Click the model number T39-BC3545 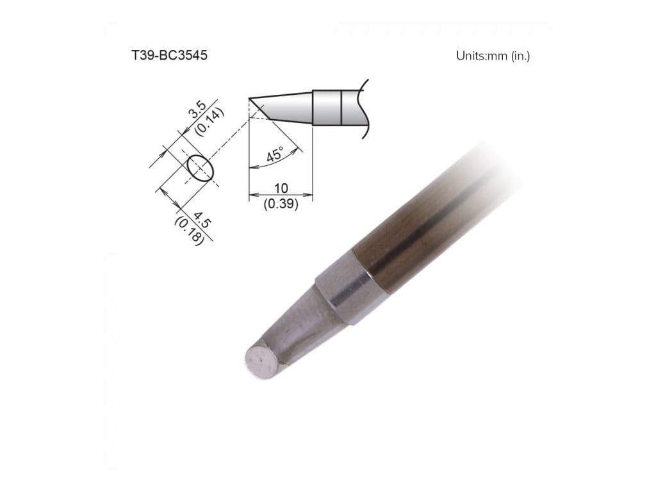(169, 56)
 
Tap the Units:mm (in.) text (493, 56)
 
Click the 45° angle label (274, 155)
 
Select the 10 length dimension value (281, 188)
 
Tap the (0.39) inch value (281, 206)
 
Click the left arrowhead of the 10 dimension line (251, 194)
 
